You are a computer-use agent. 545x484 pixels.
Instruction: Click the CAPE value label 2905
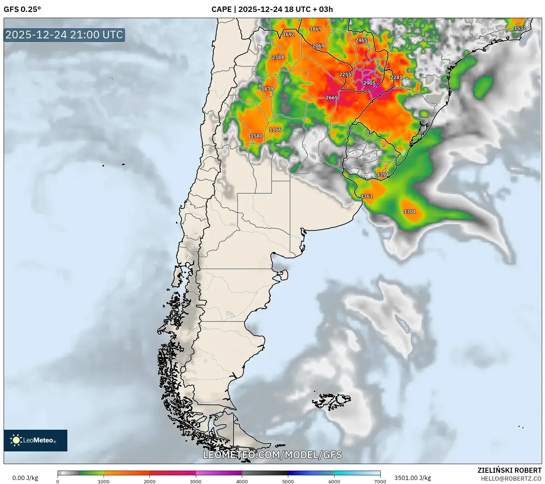coord(369,83)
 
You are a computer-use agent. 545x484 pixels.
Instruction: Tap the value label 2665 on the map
coord(332,98)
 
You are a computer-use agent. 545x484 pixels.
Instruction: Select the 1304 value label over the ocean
coord(410,212)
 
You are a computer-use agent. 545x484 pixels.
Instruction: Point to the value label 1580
coord(256,136)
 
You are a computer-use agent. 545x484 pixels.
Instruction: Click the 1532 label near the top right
coord(520,28)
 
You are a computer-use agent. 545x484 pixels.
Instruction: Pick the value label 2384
coord(278,57)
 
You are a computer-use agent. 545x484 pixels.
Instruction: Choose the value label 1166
coord(275,130)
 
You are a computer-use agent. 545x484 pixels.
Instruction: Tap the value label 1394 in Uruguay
coord(383,175)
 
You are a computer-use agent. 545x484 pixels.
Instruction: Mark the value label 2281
coord(396,77)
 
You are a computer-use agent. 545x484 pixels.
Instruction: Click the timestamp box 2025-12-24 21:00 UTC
coord(64,35)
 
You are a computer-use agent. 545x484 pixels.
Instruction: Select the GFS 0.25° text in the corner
coord(22,9)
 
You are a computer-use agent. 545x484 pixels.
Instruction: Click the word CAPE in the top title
coord(221,9)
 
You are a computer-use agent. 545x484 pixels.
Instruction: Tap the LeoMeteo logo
coord(35,440)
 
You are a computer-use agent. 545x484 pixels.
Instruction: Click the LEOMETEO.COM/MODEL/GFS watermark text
coord(272,455)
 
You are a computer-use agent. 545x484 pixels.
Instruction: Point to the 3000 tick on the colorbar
coord(196,481)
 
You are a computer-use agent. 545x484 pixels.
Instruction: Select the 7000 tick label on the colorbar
coord(380,481)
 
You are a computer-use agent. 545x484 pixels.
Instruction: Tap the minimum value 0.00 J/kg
coord(25,478)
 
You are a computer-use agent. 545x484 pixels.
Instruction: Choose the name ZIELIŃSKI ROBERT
coord(509,470)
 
